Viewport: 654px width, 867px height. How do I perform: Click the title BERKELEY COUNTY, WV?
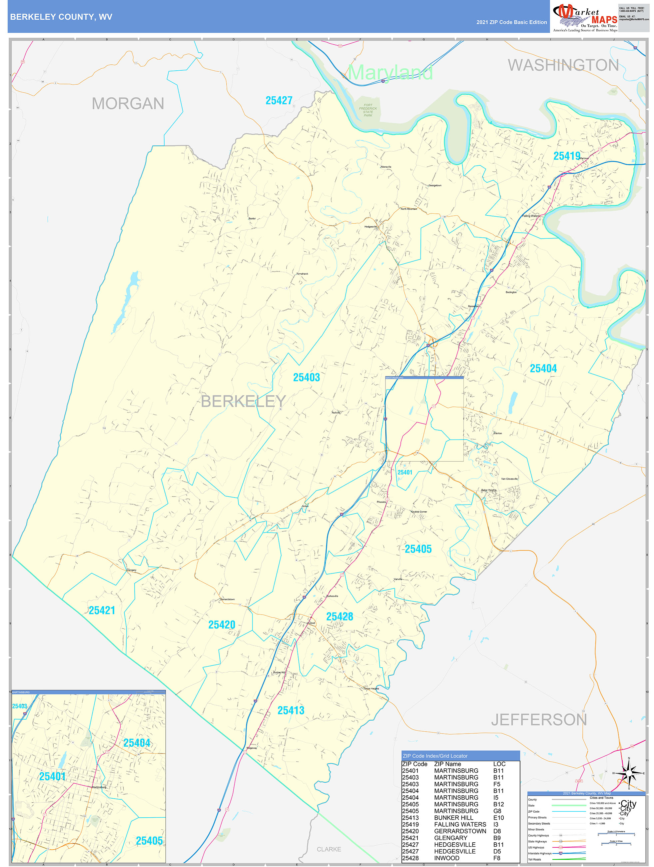[61, 17]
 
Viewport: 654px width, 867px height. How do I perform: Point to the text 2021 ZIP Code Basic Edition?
[511, 22]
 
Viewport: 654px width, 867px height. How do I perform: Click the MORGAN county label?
[128, 104]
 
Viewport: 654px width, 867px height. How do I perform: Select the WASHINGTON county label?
[563, 65]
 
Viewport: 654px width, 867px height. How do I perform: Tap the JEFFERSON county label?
[539, 720]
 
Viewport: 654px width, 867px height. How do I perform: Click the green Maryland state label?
[390, 72]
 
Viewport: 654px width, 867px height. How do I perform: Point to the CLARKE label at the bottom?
[328, 849]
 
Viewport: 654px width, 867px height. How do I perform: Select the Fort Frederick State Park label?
[368, 110]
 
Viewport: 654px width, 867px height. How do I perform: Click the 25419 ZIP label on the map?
[567, 156]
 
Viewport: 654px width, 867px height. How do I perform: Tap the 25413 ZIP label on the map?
[291, 710]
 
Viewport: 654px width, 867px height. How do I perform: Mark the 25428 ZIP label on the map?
[339, 617]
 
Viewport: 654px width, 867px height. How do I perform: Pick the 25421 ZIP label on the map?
[102, 610]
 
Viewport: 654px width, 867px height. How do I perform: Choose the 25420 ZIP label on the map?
[222, 625]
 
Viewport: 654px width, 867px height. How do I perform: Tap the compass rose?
[629, 773]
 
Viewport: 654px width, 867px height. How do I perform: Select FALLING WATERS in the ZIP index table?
[460, 824]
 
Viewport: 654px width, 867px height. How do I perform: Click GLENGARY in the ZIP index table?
[450, 838]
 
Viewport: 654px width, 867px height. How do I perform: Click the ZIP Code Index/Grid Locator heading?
[435, 756]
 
